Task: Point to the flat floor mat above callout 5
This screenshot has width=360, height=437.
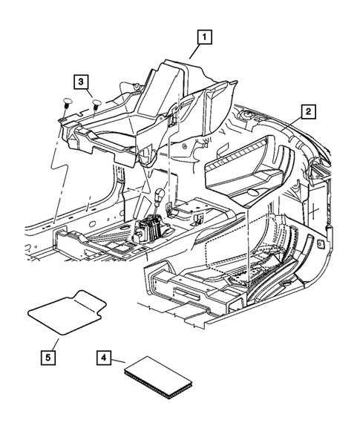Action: point(63,315)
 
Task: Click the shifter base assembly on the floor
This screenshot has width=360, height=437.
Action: point(151,228)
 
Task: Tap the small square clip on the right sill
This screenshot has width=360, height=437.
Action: point(320,243)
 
